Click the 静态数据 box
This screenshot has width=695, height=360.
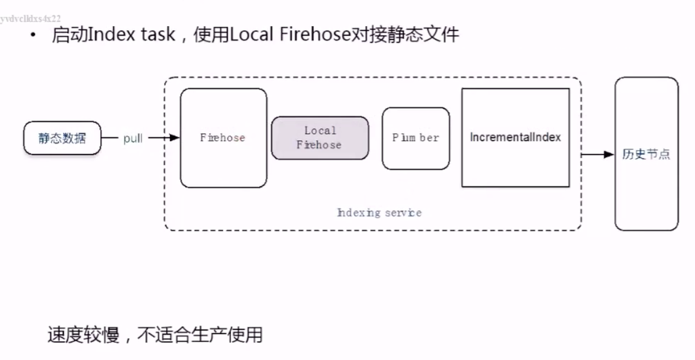tap(62, 138)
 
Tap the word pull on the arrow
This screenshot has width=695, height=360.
tap(133, 139)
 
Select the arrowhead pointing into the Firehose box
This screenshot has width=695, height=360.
tap(174, 138)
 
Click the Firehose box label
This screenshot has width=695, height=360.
tap(223, 138)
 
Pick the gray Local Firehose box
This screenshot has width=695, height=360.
tap(320, 138)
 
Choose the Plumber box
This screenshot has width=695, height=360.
tap(416, 138)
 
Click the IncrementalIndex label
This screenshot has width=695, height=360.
tap(515, 137)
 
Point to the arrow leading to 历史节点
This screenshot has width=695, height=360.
tap(598, 155)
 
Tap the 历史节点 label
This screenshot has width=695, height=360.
tap(646, 155)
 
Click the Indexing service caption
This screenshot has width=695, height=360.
tap(379, 213)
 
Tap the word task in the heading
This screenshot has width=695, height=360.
tap(158, 35)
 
